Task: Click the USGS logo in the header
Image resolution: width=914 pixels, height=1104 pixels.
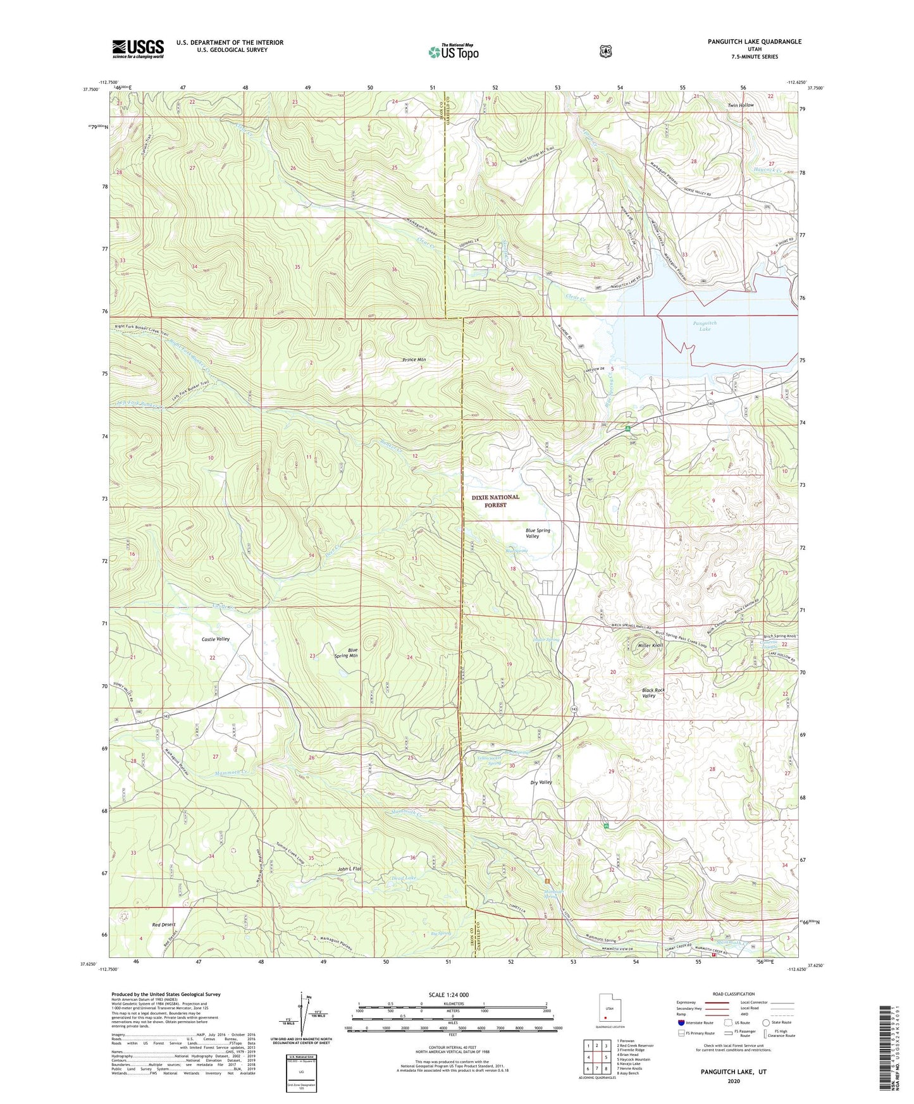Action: (x=138, y=49)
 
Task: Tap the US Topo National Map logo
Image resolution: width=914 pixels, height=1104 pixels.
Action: (x=453, y=52)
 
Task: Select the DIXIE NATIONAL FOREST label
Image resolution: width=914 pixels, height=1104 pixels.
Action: (x=495, y=501)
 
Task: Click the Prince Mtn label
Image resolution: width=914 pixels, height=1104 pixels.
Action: (x=414, y=360)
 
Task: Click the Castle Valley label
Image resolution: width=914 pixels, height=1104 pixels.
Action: (x=216, y=639)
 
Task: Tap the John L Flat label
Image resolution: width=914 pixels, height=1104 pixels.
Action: (x=349, y=869)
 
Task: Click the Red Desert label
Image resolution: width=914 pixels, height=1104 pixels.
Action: (x=163, y=924)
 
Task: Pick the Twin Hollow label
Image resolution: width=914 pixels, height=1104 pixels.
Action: (x=740, y=105)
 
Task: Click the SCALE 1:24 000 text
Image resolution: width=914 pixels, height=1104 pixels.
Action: (x=448, y=995)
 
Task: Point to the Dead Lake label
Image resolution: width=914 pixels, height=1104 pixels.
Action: (x=404, y=878)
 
